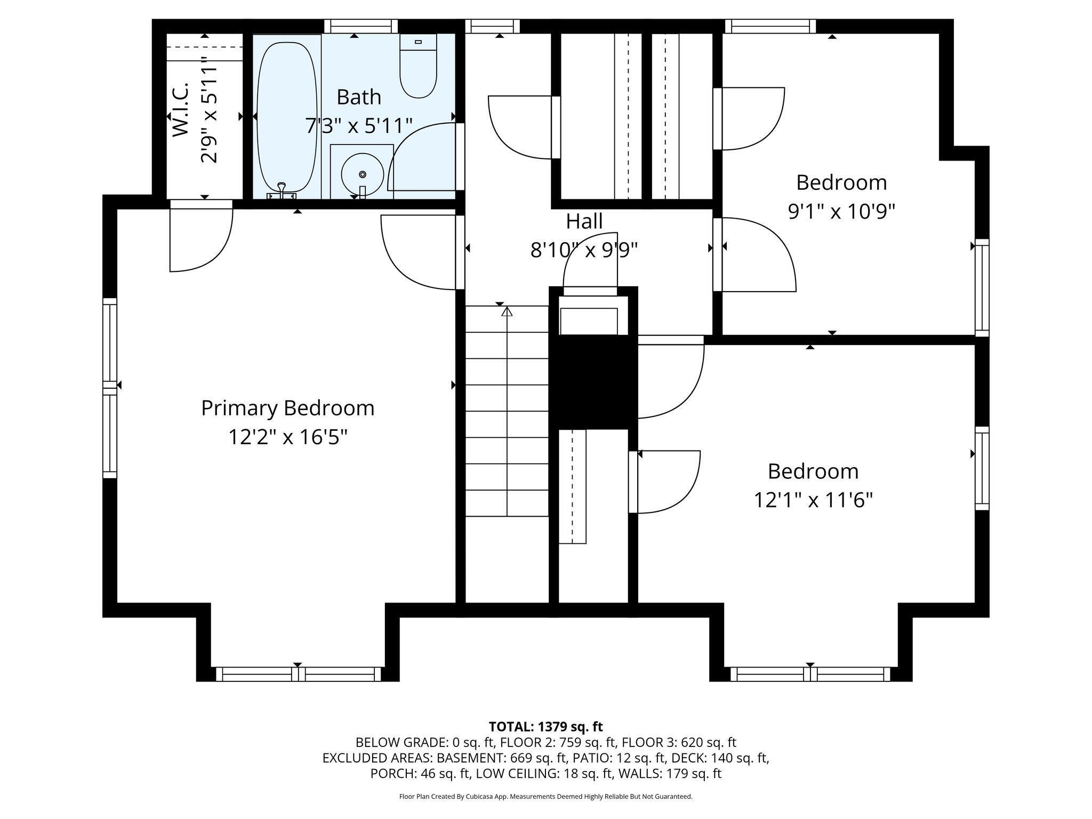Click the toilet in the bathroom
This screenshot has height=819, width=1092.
418,69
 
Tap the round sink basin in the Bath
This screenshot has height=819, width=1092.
362,175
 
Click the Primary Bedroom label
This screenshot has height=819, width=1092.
287,408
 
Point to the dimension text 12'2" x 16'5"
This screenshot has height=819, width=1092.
287,437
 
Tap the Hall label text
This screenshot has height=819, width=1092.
584,221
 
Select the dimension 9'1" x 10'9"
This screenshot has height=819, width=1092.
841,212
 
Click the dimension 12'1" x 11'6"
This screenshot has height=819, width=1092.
813,501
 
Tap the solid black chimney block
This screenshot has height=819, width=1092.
593,381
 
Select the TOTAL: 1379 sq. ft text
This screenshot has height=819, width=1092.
545,726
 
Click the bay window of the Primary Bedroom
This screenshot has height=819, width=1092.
298,674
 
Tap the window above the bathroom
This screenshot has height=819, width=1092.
361,26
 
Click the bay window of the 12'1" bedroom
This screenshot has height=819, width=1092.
810,674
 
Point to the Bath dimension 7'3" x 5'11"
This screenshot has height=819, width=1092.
358,126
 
